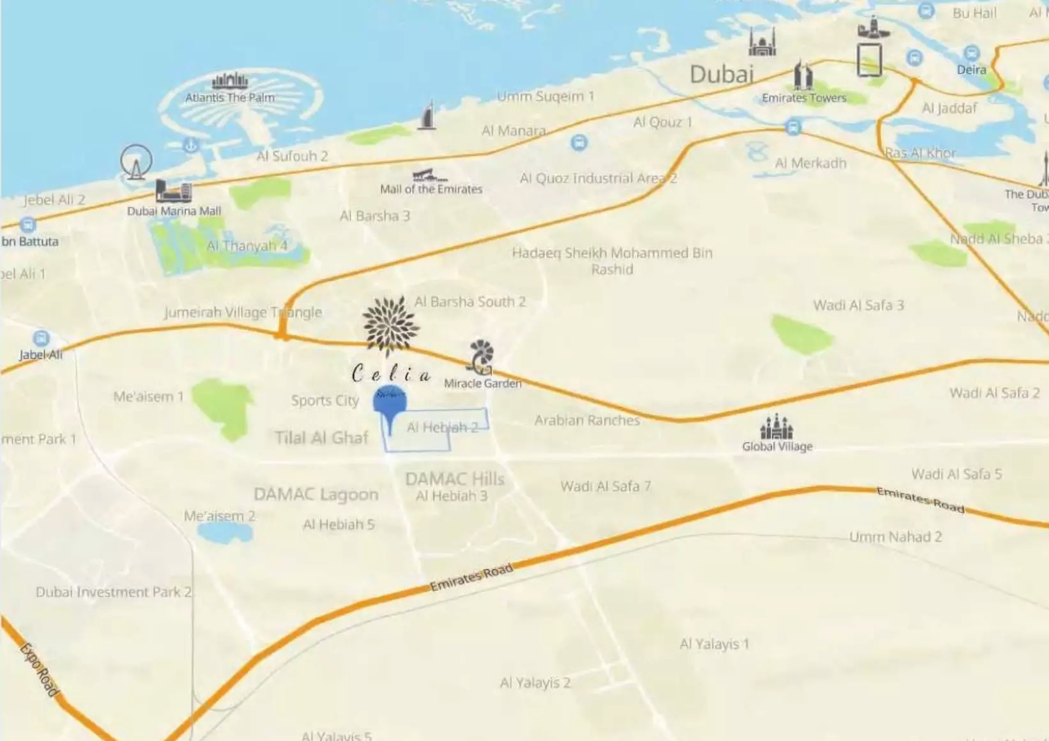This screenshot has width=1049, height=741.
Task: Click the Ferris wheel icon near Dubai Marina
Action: point(136,161)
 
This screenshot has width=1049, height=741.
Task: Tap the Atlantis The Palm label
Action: point(230,98)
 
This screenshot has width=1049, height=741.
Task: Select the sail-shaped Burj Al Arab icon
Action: point(427,116)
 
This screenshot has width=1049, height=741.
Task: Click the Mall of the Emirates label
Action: point(431,189)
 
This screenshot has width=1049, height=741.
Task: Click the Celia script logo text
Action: point(391,374)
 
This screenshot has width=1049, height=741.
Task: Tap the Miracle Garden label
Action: point(482,383)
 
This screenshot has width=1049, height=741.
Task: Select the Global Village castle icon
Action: point(776,426)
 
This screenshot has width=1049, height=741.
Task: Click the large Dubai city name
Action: point(721,75)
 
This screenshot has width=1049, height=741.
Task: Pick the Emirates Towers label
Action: point(804,98)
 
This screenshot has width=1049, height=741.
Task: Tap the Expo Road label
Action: point(39,669)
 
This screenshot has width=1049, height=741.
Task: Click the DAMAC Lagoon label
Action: point(316,494)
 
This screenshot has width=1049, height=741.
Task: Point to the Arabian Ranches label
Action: point(586,420)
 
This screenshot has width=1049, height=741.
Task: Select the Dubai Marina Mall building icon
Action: point(173,190)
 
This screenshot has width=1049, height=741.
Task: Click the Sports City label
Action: point(325,401)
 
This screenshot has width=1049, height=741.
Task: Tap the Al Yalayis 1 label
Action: point(714,644)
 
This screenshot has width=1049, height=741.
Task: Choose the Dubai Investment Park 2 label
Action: point(113,592)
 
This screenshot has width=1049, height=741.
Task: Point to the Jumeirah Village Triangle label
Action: point(243,312)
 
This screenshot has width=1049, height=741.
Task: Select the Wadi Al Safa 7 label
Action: point(606,487)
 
